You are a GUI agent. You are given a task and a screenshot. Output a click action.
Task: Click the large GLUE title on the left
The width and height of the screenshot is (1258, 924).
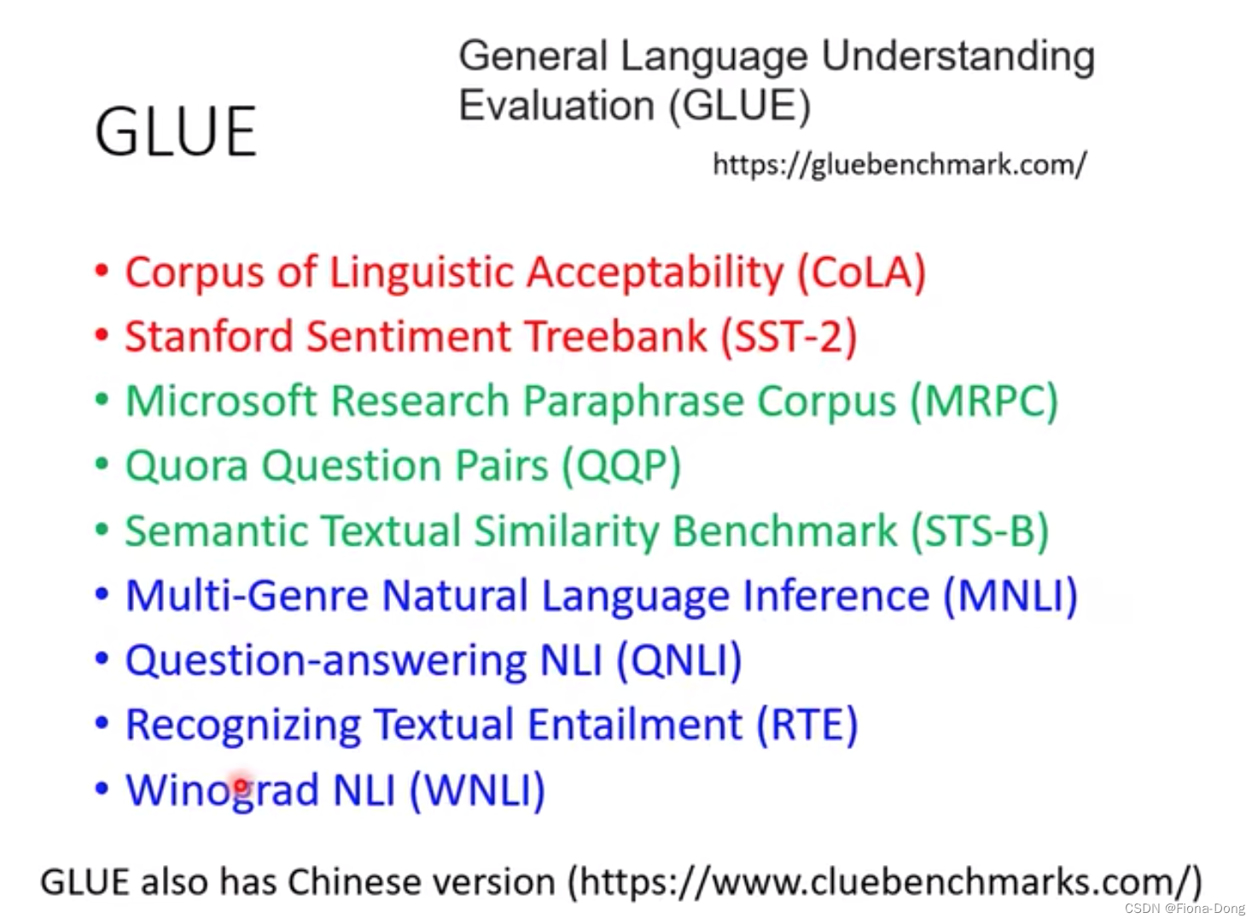pyautogui.click(x=175, y=132)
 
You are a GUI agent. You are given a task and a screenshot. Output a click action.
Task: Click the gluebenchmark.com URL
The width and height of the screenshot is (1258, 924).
pyautogui.click(x=899, y=164)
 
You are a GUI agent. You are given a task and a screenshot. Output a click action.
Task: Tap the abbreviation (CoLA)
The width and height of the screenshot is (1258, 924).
pyautogui.click(x=861, y=273)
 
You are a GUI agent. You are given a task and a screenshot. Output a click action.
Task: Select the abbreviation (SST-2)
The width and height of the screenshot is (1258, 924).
pyautogui.click(x=789, y=337)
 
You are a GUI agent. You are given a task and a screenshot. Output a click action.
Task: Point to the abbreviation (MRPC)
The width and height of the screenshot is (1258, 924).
pyautogui.click(x=984, y=401)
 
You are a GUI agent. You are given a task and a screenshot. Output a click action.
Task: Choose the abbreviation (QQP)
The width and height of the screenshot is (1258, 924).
pyautogui.click(x=621, y=466)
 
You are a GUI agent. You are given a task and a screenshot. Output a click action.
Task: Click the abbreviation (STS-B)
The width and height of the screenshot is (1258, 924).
pyautogui.click(x=980, y=531)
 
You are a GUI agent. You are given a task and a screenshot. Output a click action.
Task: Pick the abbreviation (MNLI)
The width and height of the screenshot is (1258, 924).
pyautogui.click(x=1010, y=596)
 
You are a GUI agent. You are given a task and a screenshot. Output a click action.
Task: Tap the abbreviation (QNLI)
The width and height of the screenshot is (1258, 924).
pyautogui.click(x=679, y=661)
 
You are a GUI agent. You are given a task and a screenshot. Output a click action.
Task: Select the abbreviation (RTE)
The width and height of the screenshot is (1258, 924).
pyautogui.click(x=807, y=725)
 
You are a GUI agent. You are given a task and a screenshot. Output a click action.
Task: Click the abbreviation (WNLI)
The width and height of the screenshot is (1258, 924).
pyautogui.click(x=477, y=790)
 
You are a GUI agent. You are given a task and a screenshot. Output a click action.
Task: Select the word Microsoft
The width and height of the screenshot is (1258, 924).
pyautogui.click(x=221, y=401)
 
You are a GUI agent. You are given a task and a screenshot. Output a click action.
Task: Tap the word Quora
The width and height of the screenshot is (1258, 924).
pyautogui.click(x=186, y=466)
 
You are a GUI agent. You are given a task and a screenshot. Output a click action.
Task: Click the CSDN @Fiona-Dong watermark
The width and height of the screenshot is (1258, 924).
pyautogui.click(x=1185, y=909)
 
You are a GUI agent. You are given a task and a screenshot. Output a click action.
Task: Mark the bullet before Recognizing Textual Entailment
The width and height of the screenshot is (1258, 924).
pyautogui.click(x=102, y=724)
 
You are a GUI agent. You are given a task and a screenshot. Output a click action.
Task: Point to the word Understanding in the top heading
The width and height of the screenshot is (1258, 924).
pyautogui.click(x=958, y=57)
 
